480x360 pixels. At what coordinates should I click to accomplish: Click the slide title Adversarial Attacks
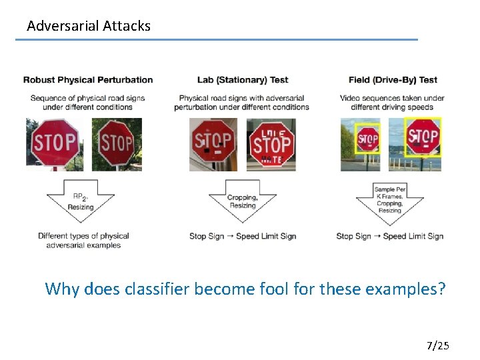point(89,26)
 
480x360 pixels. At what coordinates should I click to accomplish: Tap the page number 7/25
point(438,345)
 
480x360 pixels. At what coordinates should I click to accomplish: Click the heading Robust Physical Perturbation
point(88,80)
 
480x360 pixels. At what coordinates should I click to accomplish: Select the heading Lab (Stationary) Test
point(243,80)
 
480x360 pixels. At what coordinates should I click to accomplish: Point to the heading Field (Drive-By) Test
point(393,80)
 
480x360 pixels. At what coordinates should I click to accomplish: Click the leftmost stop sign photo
point(55,144)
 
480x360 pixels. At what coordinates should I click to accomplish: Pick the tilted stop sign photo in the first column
point(117,144)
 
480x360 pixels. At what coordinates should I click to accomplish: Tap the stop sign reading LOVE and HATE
point(271,144)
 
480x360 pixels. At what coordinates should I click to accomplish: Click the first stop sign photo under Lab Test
point(213,144)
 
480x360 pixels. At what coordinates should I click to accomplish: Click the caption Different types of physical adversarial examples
point(83,240)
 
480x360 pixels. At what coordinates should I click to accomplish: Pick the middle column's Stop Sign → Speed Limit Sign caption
point(243,236)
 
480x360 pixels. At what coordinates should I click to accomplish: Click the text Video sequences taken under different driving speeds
point(393,102)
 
